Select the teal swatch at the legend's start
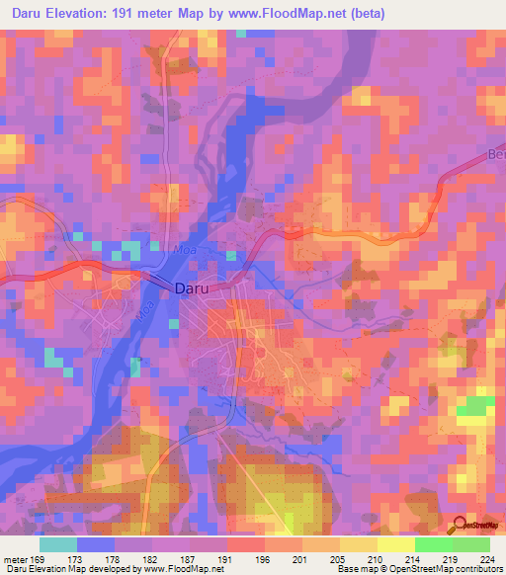tap(58, 544)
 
